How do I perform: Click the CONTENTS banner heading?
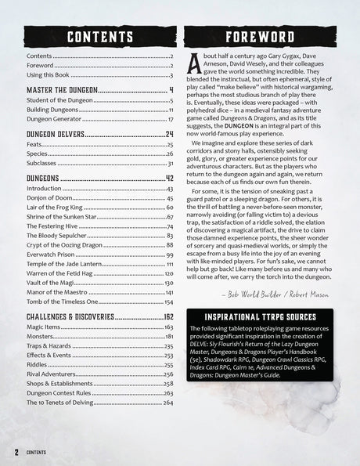(x=99, y=37)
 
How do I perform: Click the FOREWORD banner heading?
(x=261, y=37)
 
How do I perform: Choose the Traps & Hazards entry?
(x=49, y=345)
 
